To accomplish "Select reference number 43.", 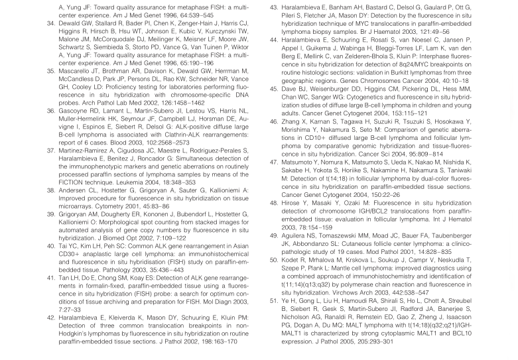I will click(274, 8).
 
